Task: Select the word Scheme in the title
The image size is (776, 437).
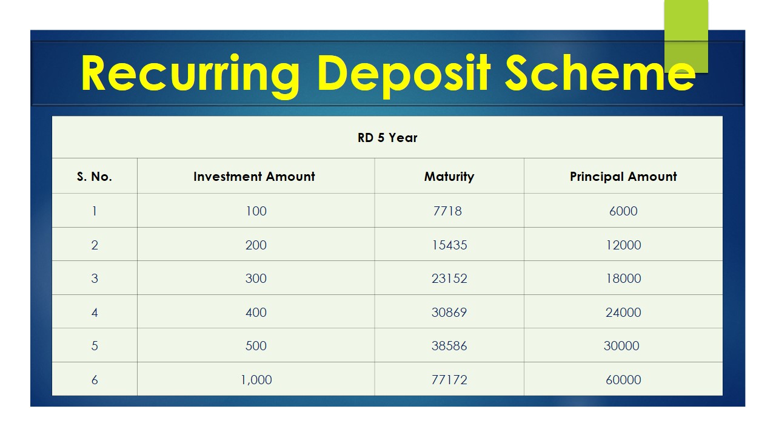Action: (600, 73)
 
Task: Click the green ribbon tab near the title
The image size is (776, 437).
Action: (686, 36)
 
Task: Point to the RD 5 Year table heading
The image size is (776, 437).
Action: (387, 138)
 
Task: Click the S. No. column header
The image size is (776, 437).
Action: (94, 177)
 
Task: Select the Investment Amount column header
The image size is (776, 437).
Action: (254, 177)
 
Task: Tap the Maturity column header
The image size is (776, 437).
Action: (449, 177)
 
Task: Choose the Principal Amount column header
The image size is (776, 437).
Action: (623, 177)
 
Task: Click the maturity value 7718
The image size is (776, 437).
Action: (447, 211)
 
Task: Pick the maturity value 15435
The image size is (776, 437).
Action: (449, 245)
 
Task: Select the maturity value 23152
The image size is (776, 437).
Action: (449, 279)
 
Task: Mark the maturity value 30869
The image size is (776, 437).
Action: (449, 313)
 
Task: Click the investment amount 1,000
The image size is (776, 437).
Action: (256, 380)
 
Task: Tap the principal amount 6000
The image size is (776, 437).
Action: (623, 211)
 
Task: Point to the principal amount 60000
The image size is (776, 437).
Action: (623, 380)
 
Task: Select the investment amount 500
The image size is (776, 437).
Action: (256, 346)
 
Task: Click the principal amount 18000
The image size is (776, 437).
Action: (623, 279)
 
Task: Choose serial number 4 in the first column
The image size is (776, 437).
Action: (95, 313)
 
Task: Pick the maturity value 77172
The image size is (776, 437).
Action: (449, 380)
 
